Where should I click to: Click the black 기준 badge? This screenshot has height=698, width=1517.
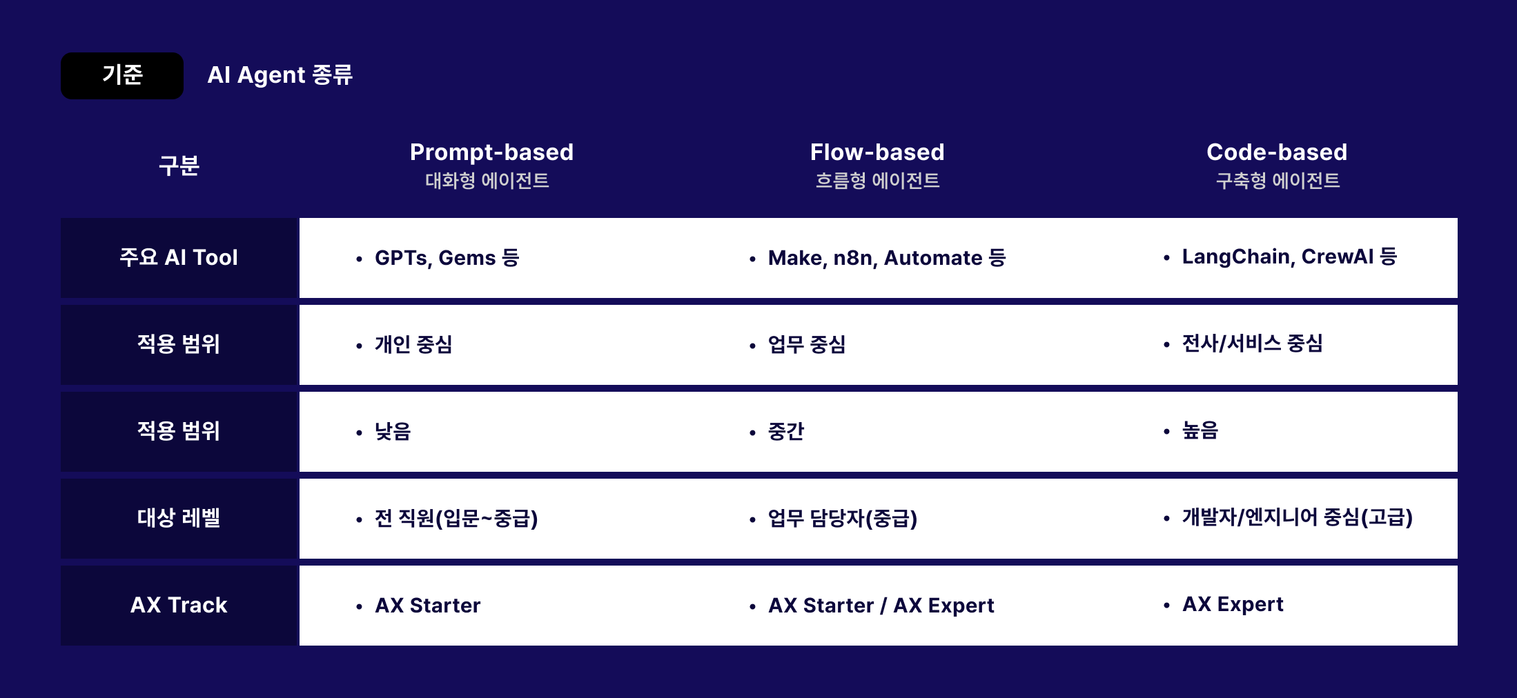point(122,75)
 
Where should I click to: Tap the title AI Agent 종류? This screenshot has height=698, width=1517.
point(280,75)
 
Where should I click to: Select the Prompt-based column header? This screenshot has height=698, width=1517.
point(491,152)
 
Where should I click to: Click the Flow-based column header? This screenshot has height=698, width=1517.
point(877,152)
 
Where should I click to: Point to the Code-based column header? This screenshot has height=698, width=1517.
point(1277,152)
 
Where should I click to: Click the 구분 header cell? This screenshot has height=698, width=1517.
point(179,166)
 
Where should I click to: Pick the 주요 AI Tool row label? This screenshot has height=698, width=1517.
point(179,257)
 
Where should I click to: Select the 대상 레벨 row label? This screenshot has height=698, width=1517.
point(179,518)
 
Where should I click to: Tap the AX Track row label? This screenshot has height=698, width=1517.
point(179,605)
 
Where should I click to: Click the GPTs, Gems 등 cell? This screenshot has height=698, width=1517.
point(447,258)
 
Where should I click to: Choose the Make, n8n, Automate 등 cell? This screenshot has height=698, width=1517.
point(887,258)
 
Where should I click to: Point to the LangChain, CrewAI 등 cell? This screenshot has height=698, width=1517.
point(1289,257)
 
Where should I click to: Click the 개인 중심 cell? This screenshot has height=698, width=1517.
point(413,344)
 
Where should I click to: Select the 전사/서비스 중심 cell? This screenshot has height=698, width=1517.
point(1252,343)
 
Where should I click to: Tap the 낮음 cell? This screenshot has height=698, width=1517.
point(393,432)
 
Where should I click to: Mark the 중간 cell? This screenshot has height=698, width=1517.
point(786,432)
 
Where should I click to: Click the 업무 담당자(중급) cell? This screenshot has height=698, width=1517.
point(842,518)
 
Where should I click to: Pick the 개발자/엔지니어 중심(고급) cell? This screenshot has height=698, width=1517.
point(1297,517)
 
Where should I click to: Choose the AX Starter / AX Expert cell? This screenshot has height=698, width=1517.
point(881,606)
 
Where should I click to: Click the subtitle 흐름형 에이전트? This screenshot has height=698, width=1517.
point(877,181)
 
